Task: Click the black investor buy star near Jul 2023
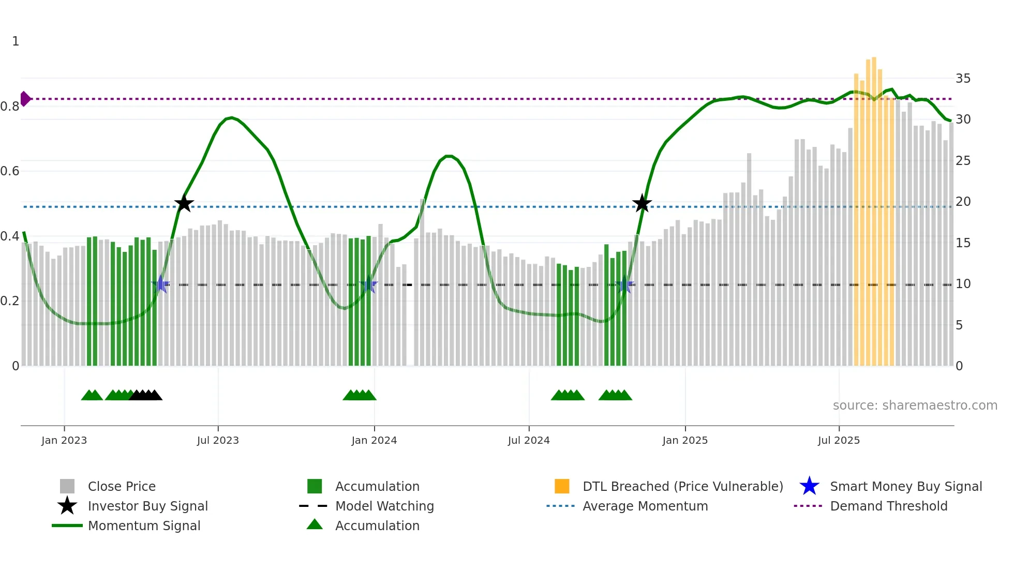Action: click(x=184, y=204)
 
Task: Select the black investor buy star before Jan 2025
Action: click(x=642, y=204)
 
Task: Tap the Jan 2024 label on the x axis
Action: click(x=374, y=440)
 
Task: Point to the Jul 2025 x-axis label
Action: click(x=839, y=440)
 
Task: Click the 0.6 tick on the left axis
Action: click(x=10, y=171)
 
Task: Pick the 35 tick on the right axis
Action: click(x=963, y=79)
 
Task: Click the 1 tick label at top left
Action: click(x=16, y=41)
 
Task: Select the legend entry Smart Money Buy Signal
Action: click(x=905, y=486)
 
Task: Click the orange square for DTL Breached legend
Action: click(x=562, y=486)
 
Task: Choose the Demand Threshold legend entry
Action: click(x=888, y=506)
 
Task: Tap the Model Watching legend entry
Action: click(x=384, y=506)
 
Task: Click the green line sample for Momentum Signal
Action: click(x=67, y=526)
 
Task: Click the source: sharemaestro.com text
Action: click(x=915, y=406)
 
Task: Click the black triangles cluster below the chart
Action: click(x=146, y=395)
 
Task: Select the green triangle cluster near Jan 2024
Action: click(x=360, y=395)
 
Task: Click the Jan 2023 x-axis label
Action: click(x=64, y=440)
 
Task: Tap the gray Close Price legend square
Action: click(x=67, y=486)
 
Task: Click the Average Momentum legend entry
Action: click(x=645, y=506)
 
